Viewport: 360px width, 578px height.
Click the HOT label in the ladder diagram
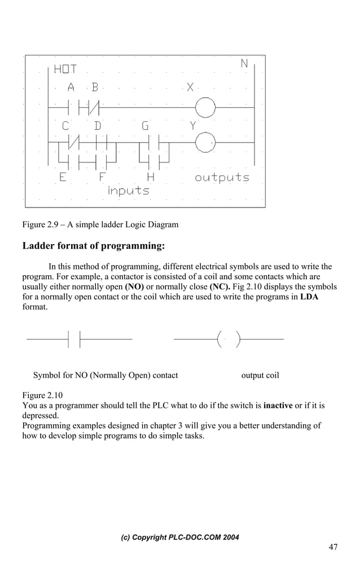click(x=65, y=70)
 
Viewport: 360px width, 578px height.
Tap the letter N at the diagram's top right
click(x=244, y=64)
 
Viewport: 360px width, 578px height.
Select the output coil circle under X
click(x=205, y=106)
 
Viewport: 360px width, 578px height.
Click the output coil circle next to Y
click(x=205, y=142)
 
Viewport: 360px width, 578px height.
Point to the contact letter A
click(x=71, y=87)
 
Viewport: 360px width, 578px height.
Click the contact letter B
click(x=95, y=87)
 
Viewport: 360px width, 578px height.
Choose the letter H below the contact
click(x=151, y=177)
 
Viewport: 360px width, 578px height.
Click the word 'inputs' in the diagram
click(x=129, y=191)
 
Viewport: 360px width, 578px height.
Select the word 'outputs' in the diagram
click(x=222, y=178)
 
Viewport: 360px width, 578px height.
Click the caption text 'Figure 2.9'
click(x=42, y=225)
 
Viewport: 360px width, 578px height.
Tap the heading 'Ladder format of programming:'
click(x=93, y=246)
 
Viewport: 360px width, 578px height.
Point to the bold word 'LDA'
click(x=309, y=297)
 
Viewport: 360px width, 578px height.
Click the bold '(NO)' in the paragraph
click(x=133, y=286)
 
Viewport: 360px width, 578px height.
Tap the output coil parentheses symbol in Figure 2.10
click(x=229, y=339)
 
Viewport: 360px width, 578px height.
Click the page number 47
click(x=333, y=547)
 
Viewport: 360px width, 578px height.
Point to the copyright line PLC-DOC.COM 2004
click(x=180, y=537)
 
